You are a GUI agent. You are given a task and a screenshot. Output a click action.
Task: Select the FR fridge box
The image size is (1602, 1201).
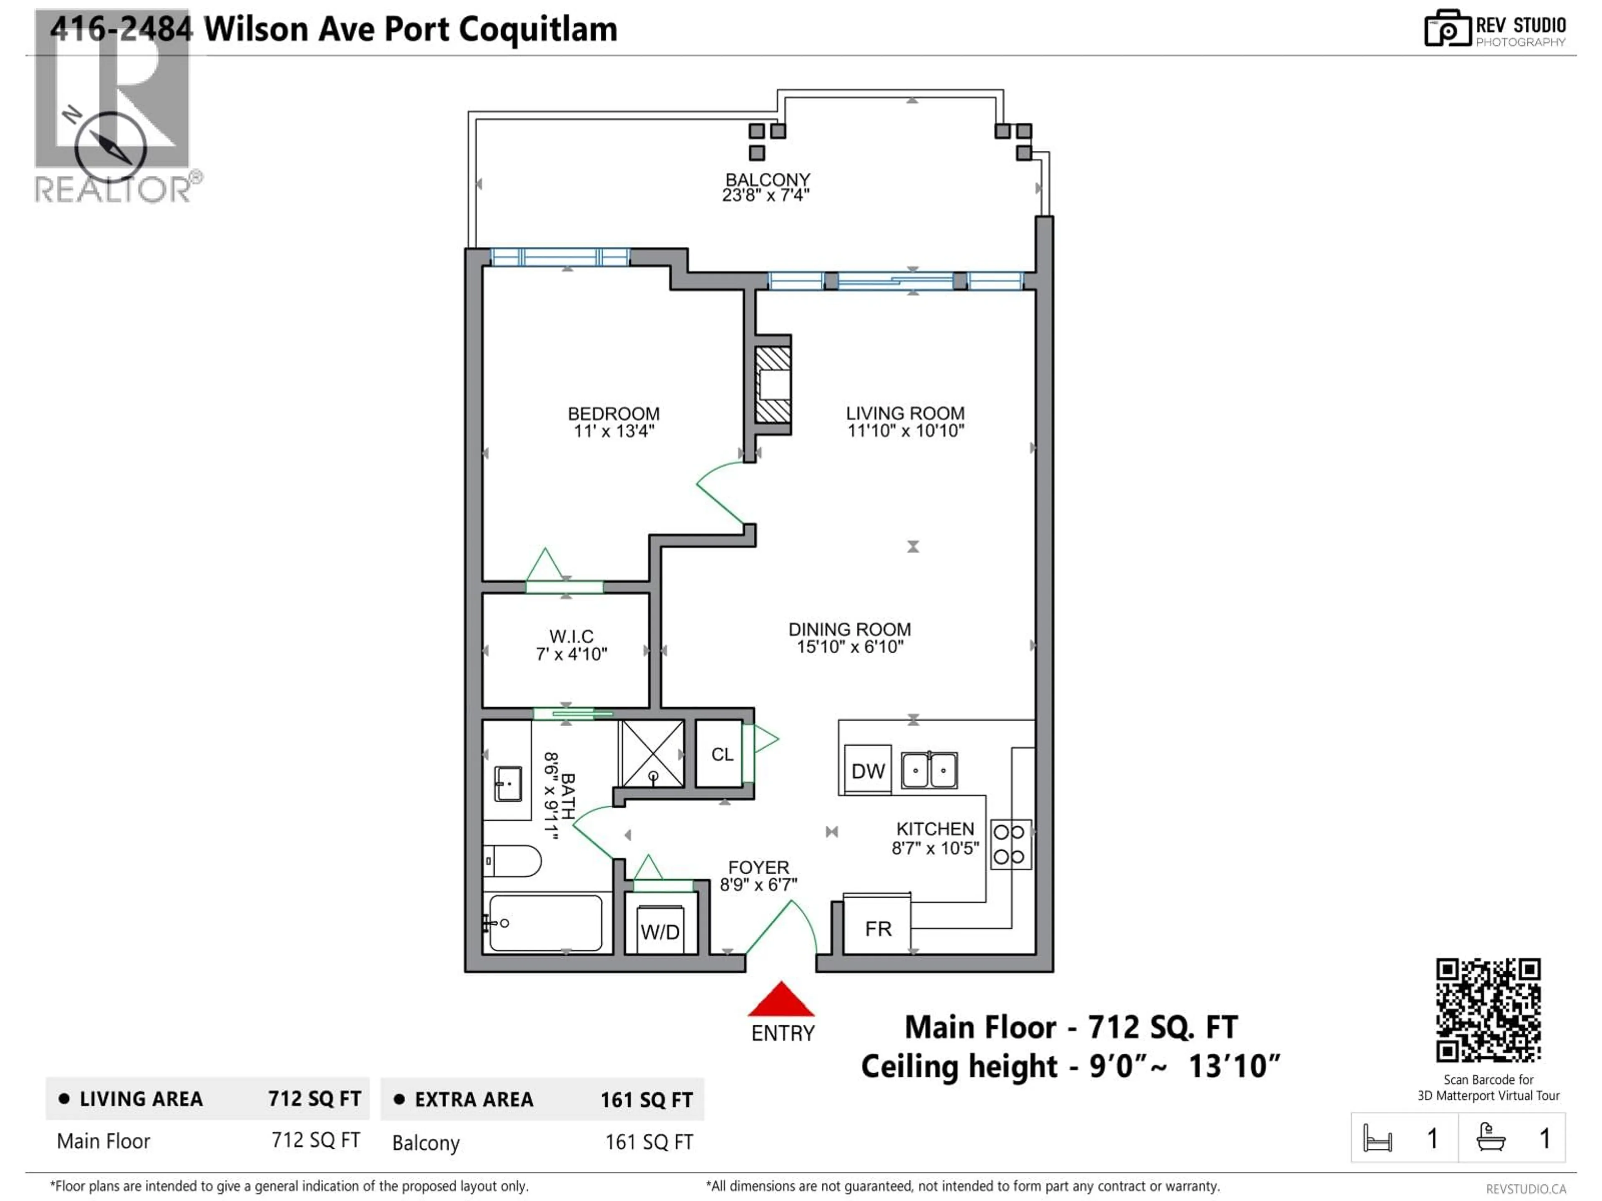coord(877,928)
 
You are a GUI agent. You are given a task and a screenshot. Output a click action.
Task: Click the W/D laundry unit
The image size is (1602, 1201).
coord(660,931)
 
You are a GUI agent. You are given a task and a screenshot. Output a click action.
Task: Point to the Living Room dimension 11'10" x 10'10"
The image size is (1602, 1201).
coord(905,431)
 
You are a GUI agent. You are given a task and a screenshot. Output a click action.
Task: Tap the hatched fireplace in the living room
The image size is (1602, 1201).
coord(772,384)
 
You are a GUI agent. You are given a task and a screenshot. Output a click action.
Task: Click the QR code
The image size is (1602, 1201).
coord(1488,1010)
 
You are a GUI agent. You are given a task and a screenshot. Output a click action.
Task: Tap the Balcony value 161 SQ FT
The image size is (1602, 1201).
coord(649,1142)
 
